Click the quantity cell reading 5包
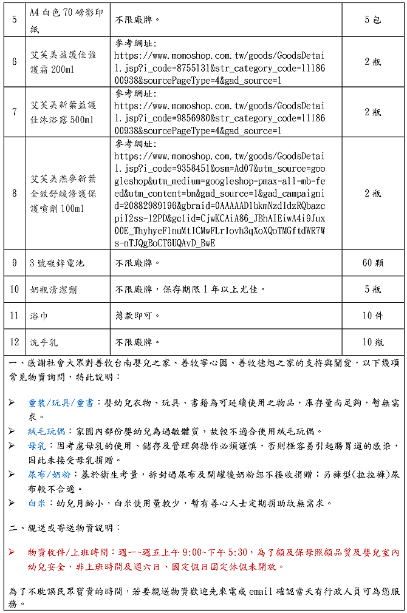pyautogui.click(x=373, y=19)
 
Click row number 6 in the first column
pyautogui.click(x=15, y=61)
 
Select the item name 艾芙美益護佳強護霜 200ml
pyautogui.click(x=63, y=62)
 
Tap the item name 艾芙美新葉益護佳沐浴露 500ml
pyautogui.click(x=63, y=112)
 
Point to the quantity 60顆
pyautogui.click(x=373, y=263)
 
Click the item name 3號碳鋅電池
pyautogui.click(x=57, y=263)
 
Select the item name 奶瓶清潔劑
pyautogui.click(x=53, y=290)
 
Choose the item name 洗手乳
pyautogui.click(x=44, y=342)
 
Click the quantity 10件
pyautogui.click(x=373, y=316)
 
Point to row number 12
pyautogui.click(x=15, y=342)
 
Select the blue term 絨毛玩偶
pyautogui.click(x=46, y=431)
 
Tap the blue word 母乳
pyautogui.click(x=37, y=445)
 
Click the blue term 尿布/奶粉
pyautogui.click(x=46, y=474)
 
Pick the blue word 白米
pyautogui.click(x=37, y=503)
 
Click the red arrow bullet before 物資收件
pyautogui.click(x=12, y=552)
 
